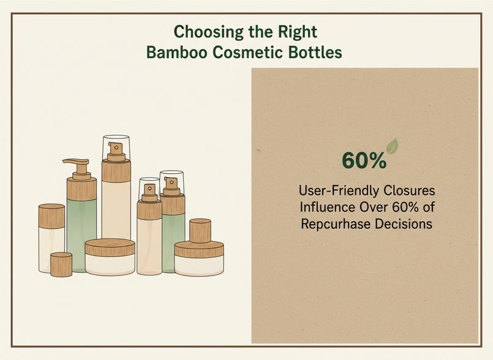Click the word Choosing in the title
[208, 32]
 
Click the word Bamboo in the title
[177, 52]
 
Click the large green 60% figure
[364, 160]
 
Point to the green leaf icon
[392, 146]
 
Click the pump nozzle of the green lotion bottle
[75, 161]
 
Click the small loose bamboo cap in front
[61, 264]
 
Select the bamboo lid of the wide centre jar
[110, 247]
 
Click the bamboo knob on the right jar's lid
[200, 230]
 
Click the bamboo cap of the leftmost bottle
[51, 216]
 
